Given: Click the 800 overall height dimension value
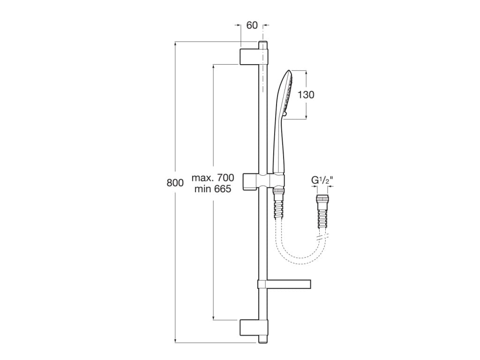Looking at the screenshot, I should [x=175, y=183].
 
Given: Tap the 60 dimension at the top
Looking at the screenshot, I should [x=252, y=25].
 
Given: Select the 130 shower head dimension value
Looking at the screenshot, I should [x=306, y=94].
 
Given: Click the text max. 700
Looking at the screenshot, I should [x=212, y=178].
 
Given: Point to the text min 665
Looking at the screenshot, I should [x=212, y=189].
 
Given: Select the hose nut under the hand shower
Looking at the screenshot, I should [x=278, y=190].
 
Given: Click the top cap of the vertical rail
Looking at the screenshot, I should [x=263, y=45].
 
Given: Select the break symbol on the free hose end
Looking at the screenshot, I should [x=322, y=239].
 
